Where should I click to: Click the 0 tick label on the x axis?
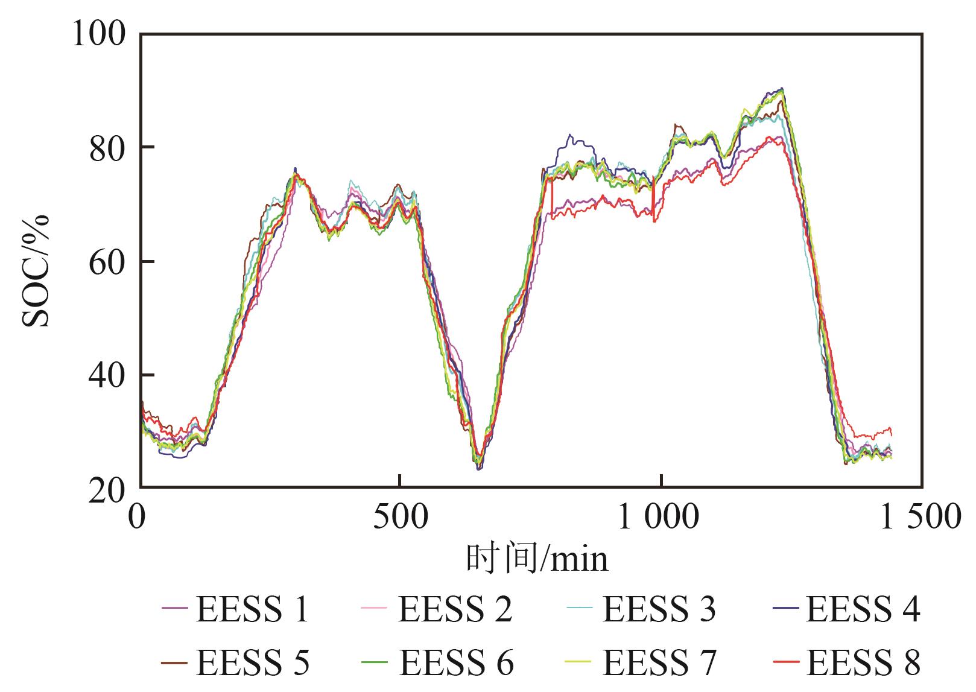(139, 518)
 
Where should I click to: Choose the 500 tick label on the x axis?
(401, 518)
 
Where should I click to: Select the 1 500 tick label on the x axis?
(921, 518)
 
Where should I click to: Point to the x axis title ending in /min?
(537, 558)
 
